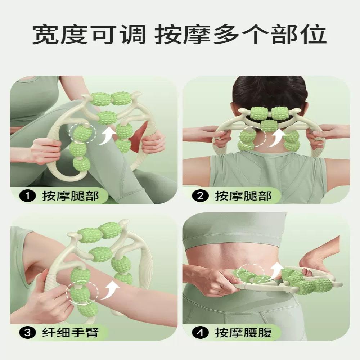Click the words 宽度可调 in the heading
click(89, 35)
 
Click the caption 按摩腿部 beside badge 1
click(70, 196)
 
